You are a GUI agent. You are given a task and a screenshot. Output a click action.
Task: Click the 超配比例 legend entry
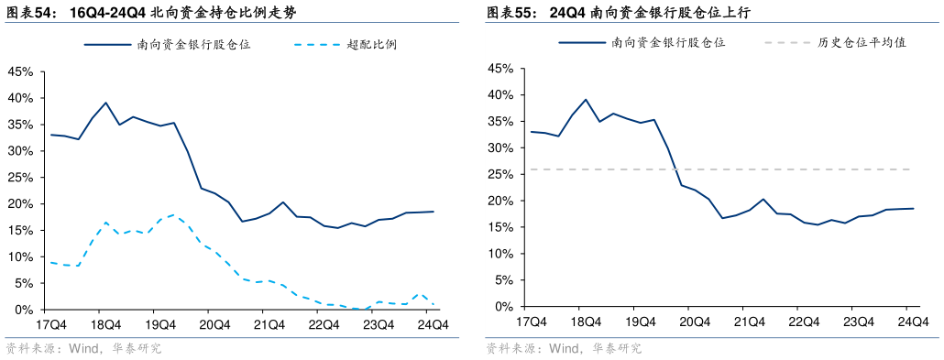[372, 44]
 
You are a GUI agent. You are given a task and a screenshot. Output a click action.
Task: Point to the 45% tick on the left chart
[20, 71]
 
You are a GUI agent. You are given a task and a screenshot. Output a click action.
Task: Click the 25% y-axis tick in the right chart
[500, 174]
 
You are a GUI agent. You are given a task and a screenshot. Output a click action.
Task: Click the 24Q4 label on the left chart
[432, 324]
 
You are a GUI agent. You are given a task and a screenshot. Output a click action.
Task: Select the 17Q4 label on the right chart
[532, 322]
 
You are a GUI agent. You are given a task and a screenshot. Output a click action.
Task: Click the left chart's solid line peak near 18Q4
[106, 103]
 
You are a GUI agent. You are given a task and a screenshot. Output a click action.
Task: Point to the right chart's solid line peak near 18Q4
[585, 99]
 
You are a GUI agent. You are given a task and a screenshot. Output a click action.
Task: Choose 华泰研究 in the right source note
[616, 349]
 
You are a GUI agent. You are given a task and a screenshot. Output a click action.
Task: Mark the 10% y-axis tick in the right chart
[500, 254]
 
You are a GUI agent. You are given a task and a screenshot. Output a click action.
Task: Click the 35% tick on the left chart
[20, 125]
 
